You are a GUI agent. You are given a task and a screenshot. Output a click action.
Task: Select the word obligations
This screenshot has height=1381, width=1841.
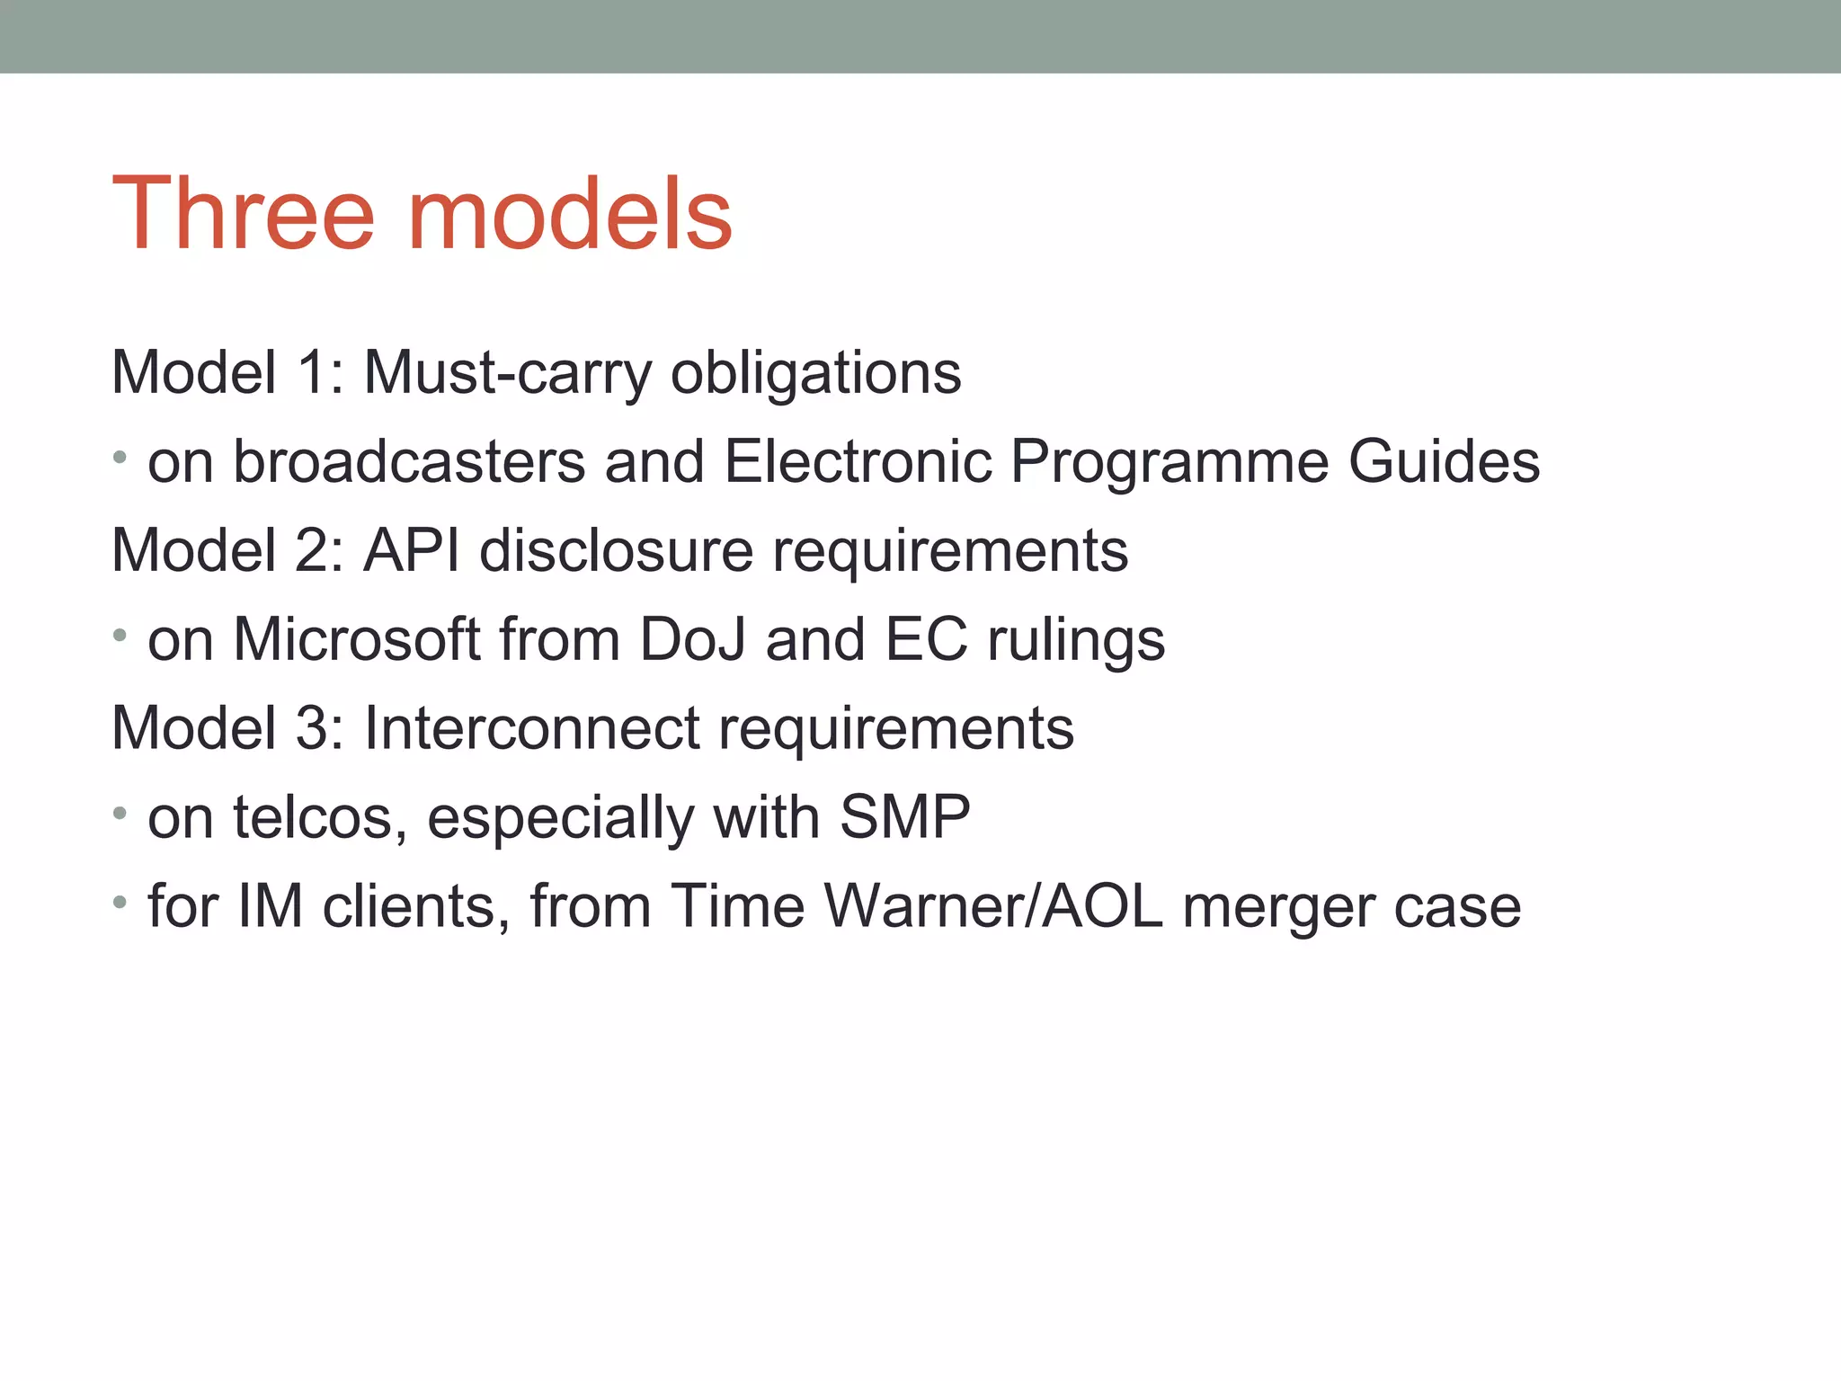815,372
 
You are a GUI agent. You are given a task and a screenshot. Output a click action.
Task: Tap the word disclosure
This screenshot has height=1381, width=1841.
617,550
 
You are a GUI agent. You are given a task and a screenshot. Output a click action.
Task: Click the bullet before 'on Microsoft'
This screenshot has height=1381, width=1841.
120,636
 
